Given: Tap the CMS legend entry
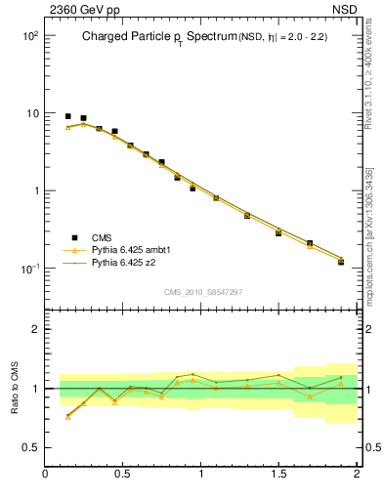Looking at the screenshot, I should click(104, 237).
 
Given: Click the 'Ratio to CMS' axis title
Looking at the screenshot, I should click(16, 389).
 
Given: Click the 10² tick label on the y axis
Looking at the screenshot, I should click(29, 36).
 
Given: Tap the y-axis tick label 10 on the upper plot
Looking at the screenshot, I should click(31, 113).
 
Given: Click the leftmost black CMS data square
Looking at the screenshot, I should click(67, 116).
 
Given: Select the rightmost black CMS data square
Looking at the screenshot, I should click(341, 262).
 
